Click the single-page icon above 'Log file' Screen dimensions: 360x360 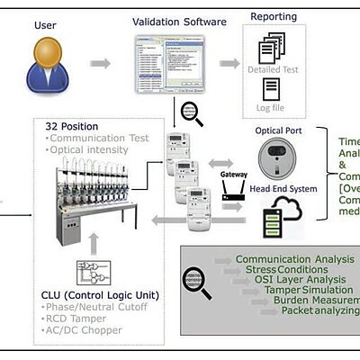point(272,89)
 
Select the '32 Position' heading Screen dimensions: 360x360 point(73,126)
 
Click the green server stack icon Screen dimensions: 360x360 point(272,224)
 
